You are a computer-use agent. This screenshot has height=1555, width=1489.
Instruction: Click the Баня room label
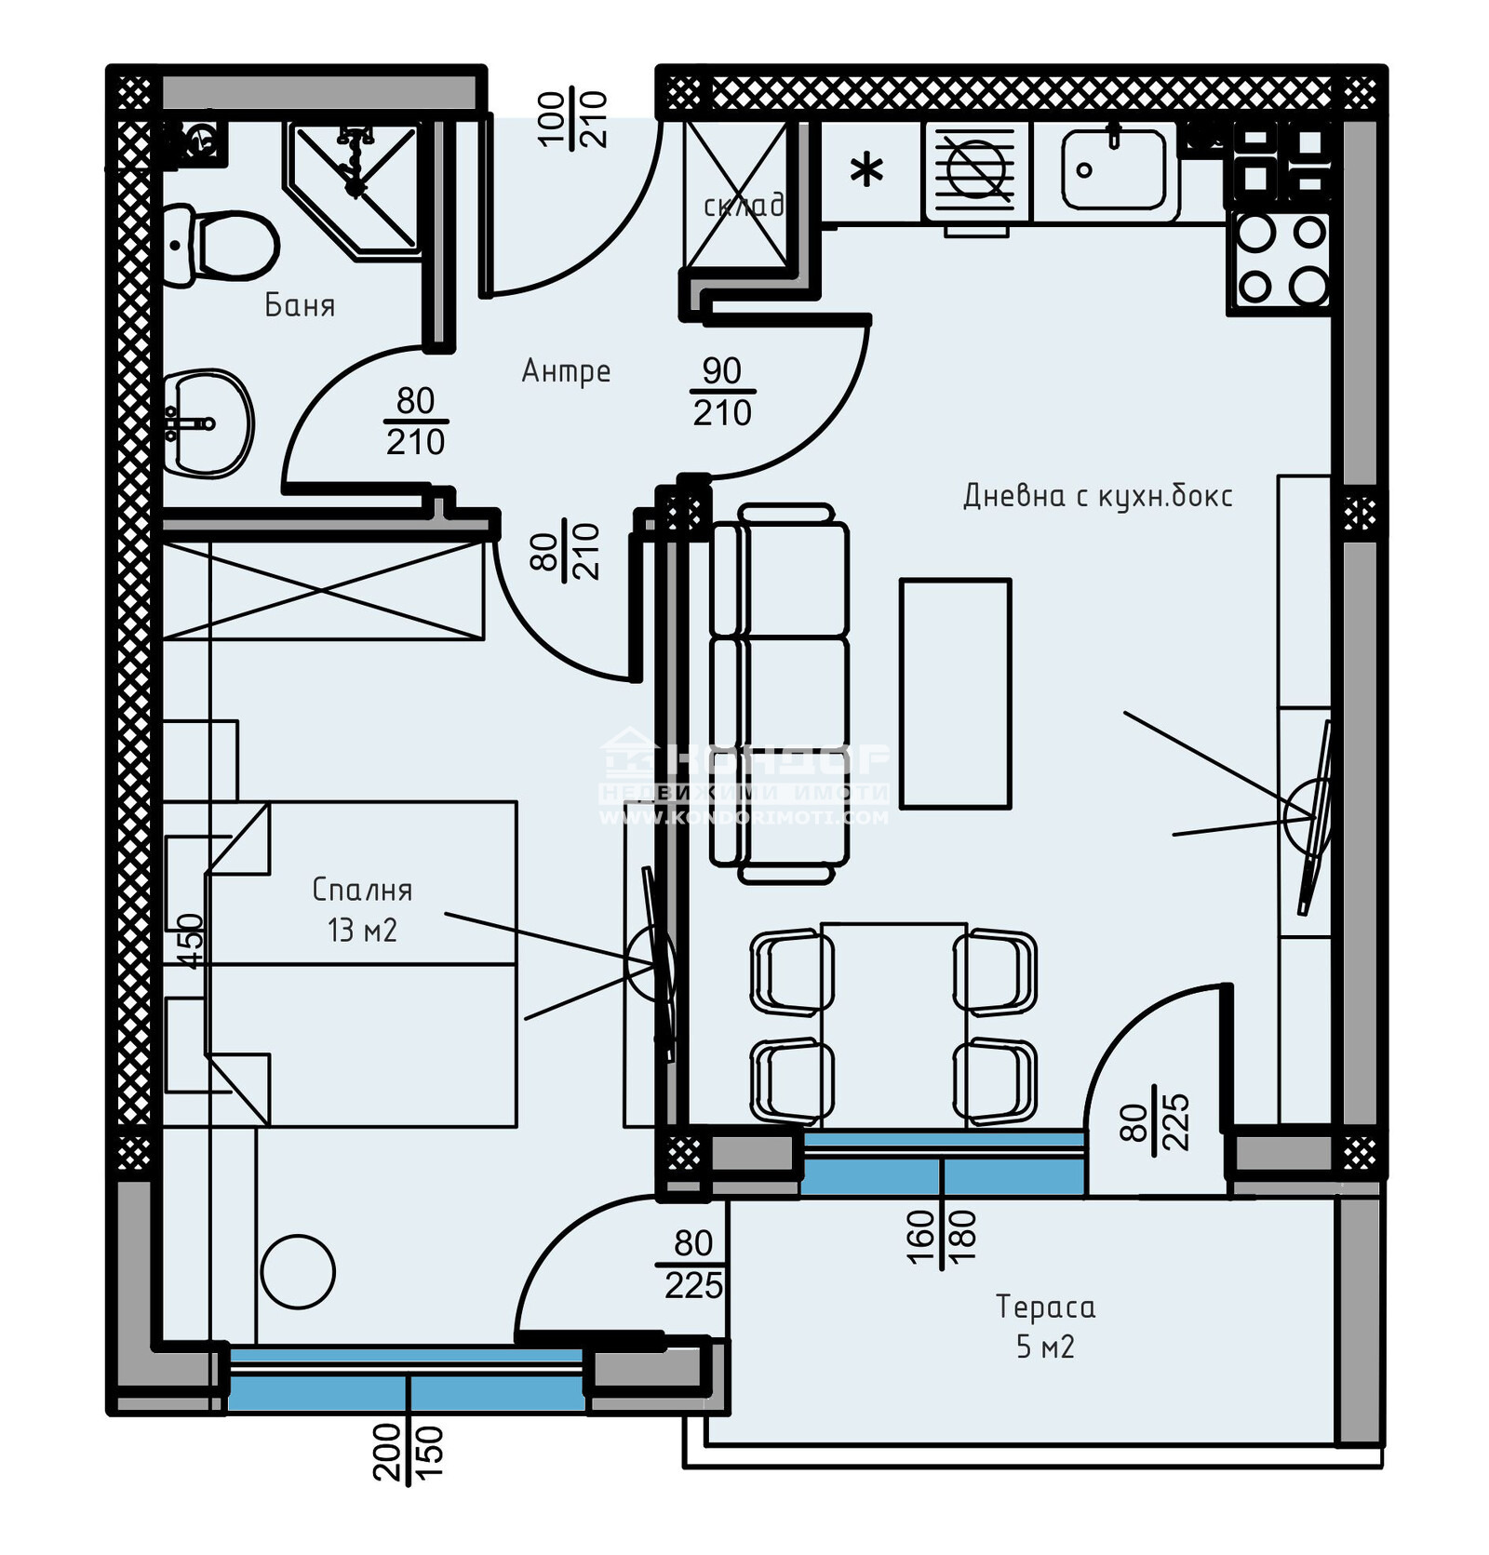[300, 306]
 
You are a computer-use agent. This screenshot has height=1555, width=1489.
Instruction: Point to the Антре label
[566, 371]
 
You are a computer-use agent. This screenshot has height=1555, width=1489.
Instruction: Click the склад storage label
[743, 206]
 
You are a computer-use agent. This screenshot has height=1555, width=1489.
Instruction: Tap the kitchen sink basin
[1114, 169]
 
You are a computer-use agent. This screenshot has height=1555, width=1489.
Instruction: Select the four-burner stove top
[1281, 260]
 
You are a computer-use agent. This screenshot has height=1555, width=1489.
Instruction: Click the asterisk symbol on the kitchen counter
[867, 171]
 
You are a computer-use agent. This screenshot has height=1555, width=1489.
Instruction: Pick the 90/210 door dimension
[722, 392]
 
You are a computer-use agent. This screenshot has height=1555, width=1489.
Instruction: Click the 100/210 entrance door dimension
[572, 119]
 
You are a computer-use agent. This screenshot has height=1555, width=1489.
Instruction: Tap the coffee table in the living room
[955, 693]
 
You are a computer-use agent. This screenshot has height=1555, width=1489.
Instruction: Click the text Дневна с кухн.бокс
[1097, 496]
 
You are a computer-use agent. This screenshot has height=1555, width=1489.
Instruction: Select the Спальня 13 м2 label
[362, 909]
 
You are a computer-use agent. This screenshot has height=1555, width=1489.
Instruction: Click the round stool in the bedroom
[298, 1271]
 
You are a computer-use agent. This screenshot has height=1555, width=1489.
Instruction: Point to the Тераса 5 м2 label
[1045, 1326]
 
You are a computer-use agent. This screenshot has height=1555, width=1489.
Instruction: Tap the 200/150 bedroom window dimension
[408, 1452]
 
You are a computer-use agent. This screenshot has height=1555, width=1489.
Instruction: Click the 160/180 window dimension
[941, 1237]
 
